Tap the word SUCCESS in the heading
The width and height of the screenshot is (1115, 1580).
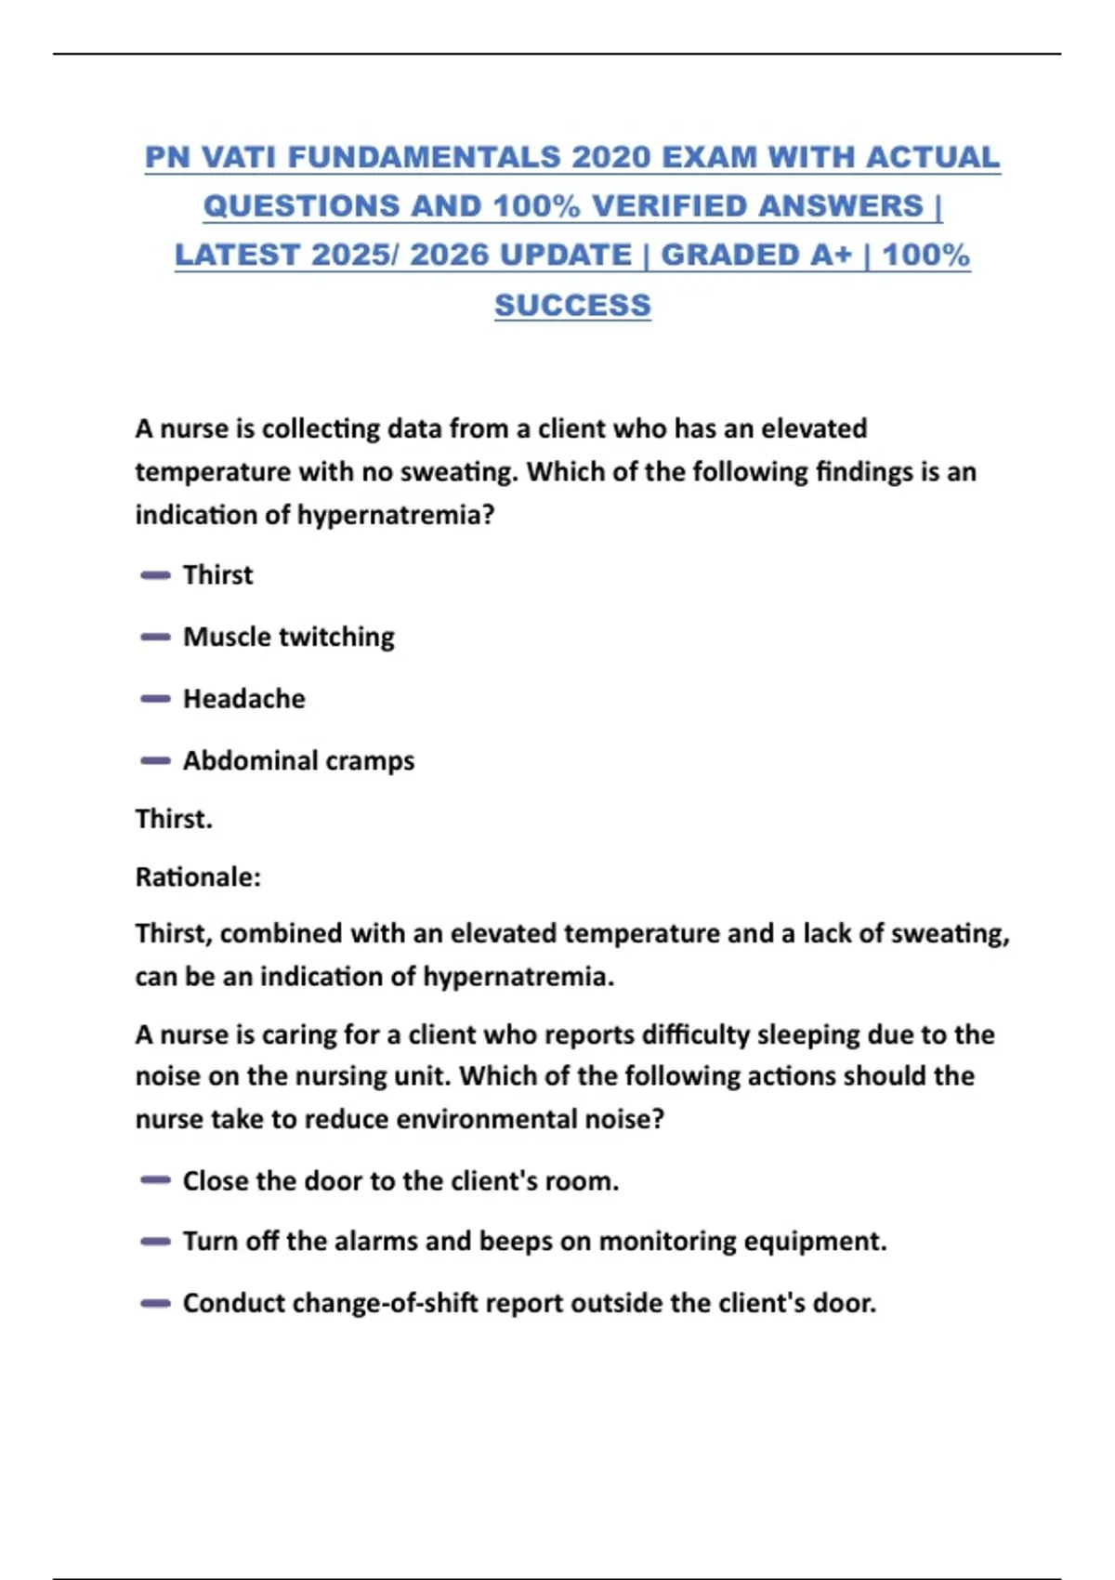click(572, 305)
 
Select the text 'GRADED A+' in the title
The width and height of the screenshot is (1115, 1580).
click(755, 255)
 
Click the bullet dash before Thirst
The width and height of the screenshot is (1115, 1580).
click(155, 575)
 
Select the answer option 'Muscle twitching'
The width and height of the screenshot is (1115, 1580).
click(289, 637)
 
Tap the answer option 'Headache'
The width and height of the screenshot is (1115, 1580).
click(243, 699)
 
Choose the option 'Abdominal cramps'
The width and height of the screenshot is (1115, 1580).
click(298, 760)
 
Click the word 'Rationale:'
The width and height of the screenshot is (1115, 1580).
click(198, 876)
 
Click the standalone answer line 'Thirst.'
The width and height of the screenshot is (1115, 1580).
click(174, 819)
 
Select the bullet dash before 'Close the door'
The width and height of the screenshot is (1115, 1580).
click(155, 1180)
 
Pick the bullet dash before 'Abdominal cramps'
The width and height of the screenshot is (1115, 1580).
click(155, 760)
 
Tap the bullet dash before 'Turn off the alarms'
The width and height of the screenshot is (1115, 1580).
click(155, 1242)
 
